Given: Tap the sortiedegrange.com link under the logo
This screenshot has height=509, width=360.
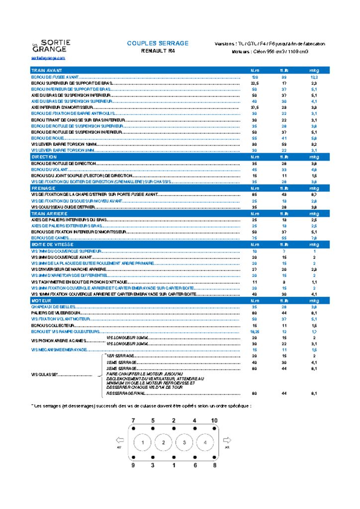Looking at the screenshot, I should coord(48,58).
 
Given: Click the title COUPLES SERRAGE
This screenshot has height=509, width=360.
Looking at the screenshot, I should coord(158,43).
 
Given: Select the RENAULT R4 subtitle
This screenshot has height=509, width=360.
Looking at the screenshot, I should coord(158,51).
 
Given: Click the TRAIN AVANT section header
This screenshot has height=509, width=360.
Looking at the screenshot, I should coord(47,71).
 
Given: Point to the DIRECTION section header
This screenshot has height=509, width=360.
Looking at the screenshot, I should coord(44,157).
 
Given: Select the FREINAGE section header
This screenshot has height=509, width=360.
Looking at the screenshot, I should coord(43,188).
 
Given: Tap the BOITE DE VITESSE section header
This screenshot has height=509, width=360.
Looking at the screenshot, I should coord(52,245).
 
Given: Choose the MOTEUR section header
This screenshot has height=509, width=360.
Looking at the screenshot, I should coord(41,301).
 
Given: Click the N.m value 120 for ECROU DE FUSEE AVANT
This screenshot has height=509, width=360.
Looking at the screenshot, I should coord(255,78).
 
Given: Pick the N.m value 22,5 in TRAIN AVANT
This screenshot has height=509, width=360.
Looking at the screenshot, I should coord(255,84).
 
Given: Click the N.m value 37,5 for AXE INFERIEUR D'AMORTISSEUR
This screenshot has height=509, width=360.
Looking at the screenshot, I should coord(255,107).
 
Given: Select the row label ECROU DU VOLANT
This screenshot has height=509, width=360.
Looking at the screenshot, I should coord(50,170).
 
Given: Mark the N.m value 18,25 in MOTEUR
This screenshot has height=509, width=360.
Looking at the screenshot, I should coord(255,332).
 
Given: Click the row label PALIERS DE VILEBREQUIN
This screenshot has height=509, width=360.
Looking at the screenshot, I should coord(56,313).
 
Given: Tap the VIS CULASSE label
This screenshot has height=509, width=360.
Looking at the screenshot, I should coord(45,374).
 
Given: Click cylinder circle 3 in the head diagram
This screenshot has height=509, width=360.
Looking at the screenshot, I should coord(184,442).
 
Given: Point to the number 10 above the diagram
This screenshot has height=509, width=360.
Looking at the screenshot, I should coord(214,421).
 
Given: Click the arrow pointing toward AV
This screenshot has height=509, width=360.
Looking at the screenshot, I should coord(119,440).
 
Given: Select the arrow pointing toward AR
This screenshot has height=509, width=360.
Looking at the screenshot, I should coord(227,440).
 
